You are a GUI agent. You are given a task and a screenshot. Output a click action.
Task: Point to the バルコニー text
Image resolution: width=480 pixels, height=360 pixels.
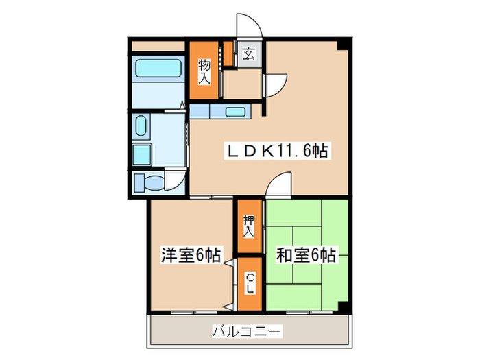point(247,332)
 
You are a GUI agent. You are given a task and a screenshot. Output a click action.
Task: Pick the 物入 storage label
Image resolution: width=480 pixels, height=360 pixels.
point(204,70)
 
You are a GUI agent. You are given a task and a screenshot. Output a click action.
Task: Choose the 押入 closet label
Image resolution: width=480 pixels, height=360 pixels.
point(248,226)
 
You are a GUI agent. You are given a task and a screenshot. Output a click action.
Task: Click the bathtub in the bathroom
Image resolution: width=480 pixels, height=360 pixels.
point(158,69)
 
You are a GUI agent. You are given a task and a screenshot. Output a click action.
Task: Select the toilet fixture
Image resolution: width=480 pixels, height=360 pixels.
point(149,183)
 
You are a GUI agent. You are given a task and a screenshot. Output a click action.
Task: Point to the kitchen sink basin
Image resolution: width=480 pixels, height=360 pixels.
point(235,112)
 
